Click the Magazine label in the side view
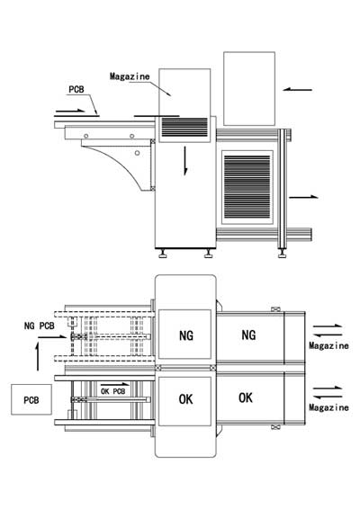130,76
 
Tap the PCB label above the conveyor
76,89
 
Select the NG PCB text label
40,326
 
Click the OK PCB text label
113,391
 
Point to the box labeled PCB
31,399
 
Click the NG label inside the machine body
185,335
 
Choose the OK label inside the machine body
185,399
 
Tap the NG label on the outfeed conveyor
248,335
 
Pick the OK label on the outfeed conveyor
246,397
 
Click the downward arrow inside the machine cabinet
185,161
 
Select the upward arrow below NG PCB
38,357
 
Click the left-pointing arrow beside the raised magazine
297,90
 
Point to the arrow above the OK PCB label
115,384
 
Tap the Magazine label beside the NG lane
328,345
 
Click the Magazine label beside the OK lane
328,407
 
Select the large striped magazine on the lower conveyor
247,187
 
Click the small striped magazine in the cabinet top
184,128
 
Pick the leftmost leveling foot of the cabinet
163,254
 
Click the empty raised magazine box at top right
249,89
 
